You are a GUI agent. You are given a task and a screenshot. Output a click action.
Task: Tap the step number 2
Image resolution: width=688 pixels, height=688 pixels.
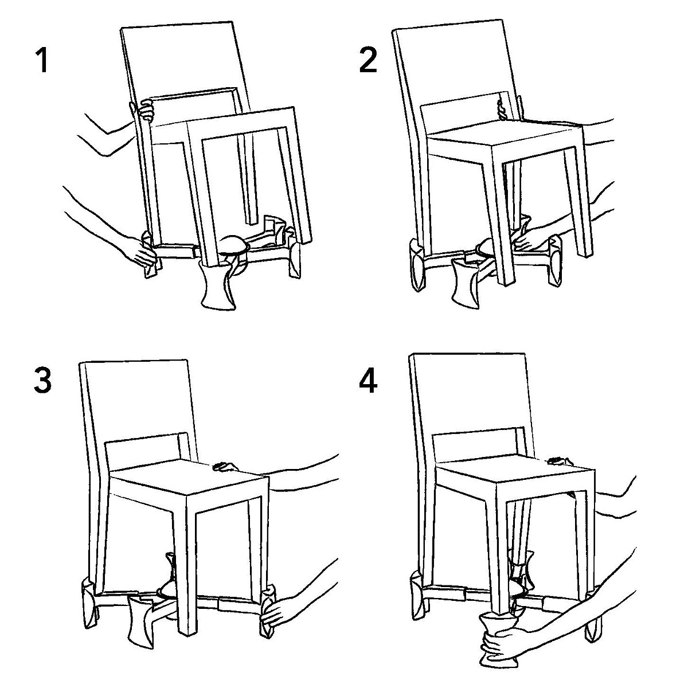coord(368,60)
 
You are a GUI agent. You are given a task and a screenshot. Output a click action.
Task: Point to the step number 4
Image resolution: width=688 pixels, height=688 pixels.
coord(368,381)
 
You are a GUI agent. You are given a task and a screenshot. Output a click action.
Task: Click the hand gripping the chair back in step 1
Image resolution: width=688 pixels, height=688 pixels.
coord(146,110)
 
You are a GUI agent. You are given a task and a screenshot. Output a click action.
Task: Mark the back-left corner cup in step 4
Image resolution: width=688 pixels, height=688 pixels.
coord(419,596)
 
